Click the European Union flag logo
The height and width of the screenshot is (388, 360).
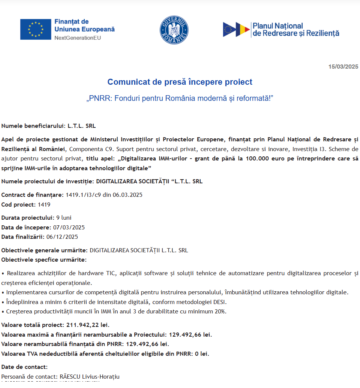tap(36, 29)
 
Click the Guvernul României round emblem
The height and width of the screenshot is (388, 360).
tap(174, 30)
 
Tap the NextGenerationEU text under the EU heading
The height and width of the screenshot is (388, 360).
tap(78, 38)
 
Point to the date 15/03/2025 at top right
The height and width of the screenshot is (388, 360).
tap(343, 67)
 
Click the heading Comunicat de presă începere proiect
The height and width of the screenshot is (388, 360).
tap(180, 82)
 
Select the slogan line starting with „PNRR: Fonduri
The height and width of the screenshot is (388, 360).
tap(180, 99)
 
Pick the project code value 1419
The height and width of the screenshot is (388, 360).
tap(44, 205)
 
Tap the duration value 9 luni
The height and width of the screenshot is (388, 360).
tap(64, 218)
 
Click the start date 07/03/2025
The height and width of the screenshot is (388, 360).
tap(69, 228)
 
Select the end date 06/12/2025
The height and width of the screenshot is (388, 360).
tap(62, 237)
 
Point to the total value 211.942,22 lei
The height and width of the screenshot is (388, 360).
tap(88, 325)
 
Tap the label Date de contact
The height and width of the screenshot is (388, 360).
tap(24, 367)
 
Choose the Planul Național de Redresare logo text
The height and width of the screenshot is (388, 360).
tap(295, 30)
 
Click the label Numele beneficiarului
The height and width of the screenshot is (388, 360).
tap(33, 126)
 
